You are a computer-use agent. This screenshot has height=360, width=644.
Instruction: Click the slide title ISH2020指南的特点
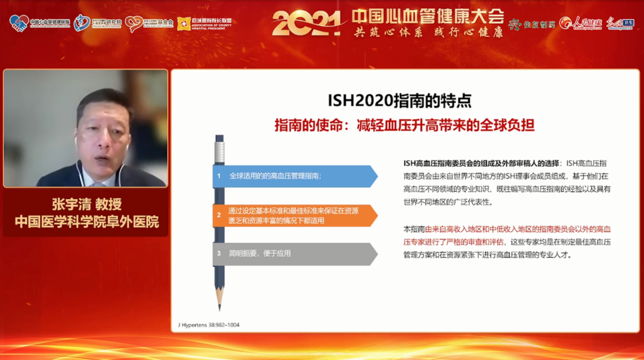399,100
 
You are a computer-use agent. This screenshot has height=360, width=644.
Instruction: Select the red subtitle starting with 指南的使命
404,125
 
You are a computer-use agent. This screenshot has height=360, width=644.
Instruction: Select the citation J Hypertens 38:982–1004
209,325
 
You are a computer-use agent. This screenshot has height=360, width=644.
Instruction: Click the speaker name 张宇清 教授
86,204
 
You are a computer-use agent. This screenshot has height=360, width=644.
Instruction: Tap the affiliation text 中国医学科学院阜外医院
86,222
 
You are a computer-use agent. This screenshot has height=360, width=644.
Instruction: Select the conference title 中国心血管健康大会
427,15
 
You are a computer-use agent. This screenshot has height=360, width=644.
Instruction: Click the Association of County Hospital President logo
204,23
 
